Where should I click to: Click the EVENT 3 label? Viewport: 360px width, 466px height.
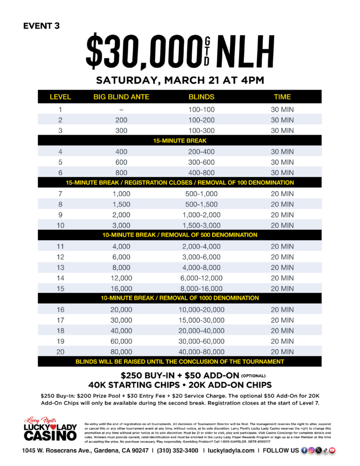click(41, 25)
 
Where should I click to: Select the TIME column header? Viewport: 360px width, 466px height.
click(282, 97)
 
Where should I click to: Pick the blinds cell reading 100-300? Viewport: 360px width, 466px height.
click(201, 131)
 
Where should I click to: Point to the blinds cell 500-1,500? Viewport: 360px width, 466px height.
click(201, 204)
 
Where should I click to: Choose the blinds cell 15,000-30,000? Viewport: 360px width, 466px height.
click(201, 320)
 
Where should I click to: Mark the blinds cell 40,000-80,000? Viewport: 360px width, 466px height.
click(201, 351)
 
